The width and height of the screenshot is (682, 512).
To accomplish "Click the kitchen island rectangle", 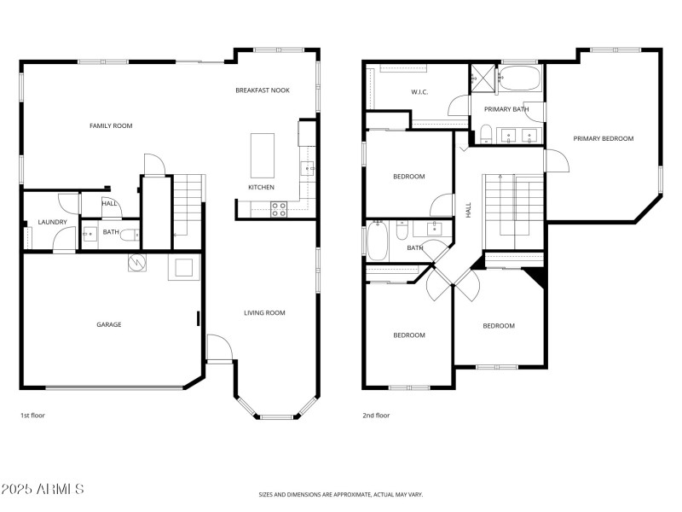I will [x=262, y=155].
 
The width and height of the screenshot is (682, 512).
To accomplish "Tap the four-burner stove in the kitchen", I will [x=279, y=207].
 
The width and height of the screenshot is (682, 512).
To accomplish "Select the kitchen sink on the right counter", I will [x=309, y=166].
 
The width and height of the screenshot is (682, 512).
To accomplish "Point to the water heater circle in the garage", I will [x=136, y=264].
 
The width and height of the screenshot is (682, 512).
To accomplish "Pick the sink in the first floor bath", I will [x=90, y=233].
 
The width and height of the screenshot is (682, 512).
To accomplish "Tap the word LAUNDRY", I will [x=52, y=223].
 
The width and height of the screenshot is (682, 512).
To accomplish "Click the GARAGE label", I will [x=108, y=324].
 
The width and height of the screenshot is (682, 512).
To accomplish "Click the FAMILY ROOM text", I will [x=111, y=125].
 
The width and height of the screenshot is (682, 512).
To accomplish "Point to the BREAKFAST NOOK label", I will [x=263, y=90].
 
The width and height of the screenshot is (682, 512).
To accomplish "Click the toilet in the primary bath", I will [x=483, y=134].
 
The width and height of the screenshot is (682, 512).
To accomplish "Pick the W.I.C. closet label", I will [x=419, y=92].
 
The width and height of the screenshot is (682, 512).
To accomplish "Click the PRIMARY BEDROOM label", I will [x=603, y=138].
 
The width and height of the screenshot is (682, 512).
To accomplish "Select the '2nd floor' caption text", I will [x=377, y=416].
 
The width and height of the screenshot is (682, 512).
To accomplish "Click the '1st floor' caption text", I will [x=32, y=416].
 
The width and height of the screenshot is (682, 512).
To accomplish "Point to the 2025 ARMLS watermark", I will [x=43, y=489].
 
